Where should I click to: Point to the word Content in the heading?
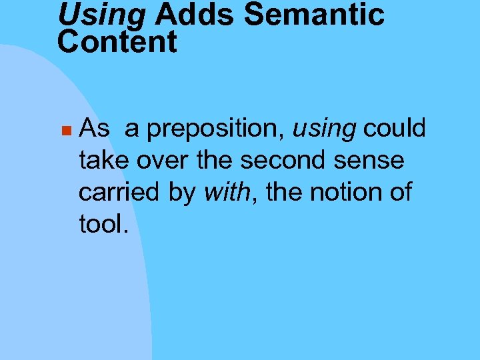pos(117,41)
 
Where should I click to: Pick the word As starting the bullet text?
pos(94,128)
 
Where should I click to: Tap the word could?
pos(395,128)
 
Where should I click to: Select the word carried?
pos(117,192)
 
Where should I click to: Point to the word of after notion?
pos(401,192)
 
